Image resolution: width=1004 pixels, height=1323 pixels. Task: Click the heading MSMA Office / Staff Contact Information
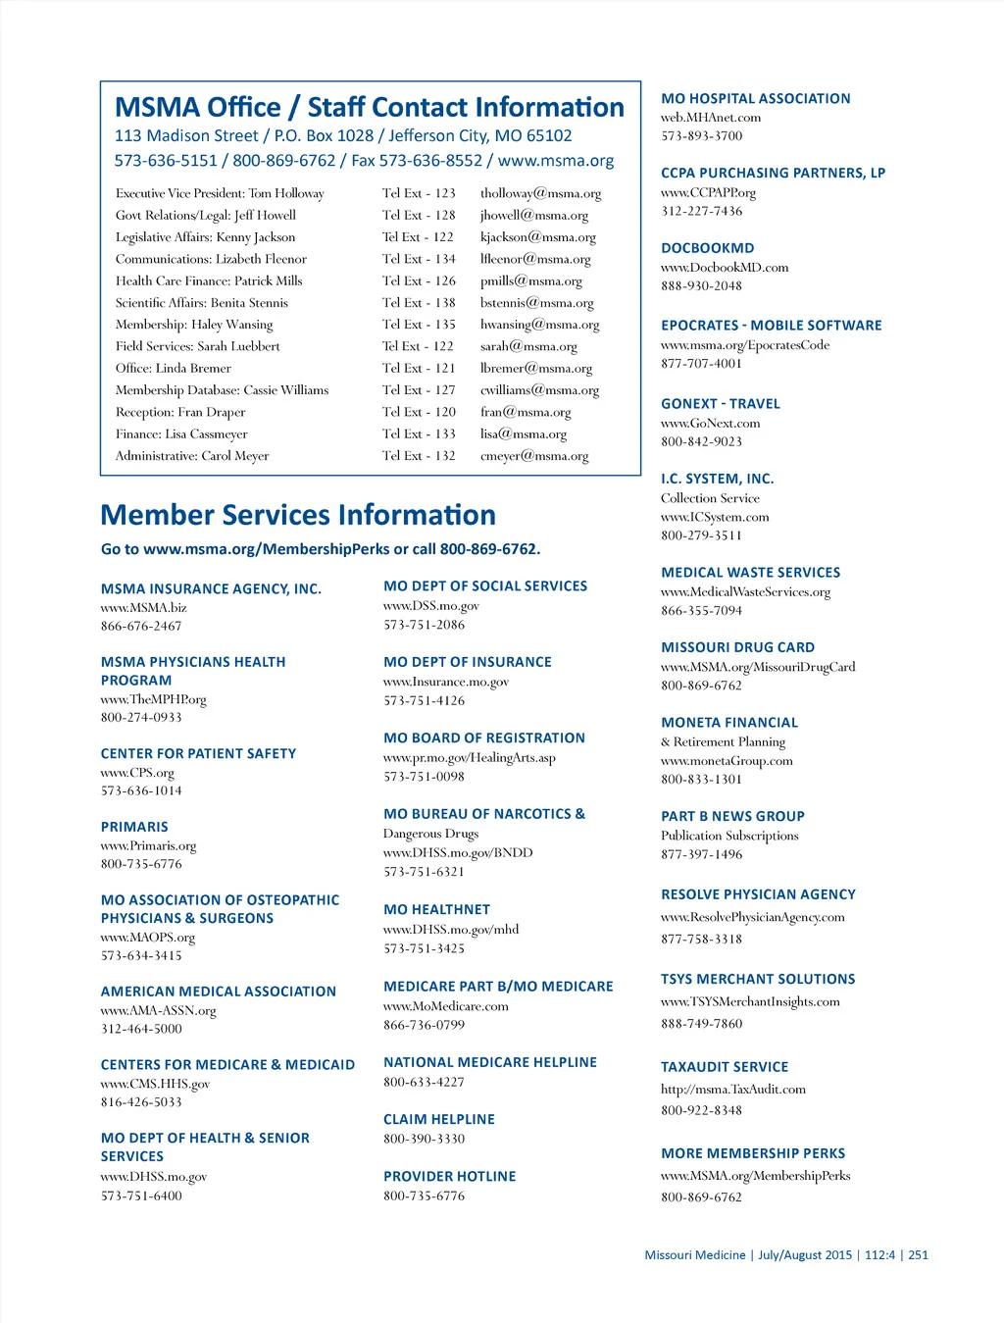(x=369, y=107)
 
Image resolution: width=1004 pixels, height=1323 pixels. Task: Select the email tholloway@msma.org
(x=540, y=194)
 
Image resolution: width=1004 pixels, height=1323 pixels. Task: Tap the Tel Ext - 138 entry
(x=419, y=303)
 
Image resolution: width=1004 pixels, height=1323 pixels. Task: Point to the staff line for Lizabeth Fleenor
(x=211, y=259)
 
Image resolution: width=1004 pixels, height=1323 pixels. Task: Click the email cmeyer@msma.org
(x=534, y=456)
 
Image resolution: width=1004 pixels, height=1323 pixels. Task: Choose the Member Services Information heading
(x=298, y=515)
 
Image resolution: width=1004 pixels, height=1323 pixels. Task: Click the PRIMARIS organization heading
(x=134, y=827)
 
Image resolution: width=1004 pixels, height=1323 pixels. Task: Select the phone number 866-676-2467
(x=141, y=626)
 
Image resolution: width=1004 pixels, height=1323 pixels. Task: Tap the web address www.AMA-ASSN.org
(x=158, y=1010)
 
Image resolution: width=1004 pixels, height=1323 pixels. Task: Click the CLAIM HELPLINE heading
(x=439, y=1119)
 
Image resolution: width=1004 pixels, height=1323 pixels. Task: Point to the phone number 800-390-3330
(x=424, y=1139)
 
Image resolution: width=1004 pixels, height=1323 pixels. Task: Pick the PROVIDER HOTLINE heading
(x=449, y=1176)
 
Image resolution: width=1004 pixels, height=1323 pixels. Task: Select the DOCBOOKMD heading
(x=707, y=248)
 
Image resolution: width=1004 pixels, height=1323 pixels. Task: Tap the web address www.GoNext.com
(x=710, y=423)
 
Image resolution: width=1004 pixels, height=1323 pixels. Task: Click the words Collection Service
(x=710, y=498)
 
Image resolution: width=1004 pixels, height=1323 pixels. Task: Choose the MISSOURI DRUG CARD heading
(x=737, y=647)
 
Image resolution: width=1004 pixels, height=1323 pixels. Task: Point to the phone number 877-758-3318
(x=701, y=939)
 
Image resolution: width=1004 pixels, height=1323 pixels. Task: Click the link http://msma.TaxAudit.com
(x=732, y=1089)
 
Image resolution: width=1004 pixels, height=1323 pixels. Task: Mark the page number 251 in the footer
(x=918, y=1254)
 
